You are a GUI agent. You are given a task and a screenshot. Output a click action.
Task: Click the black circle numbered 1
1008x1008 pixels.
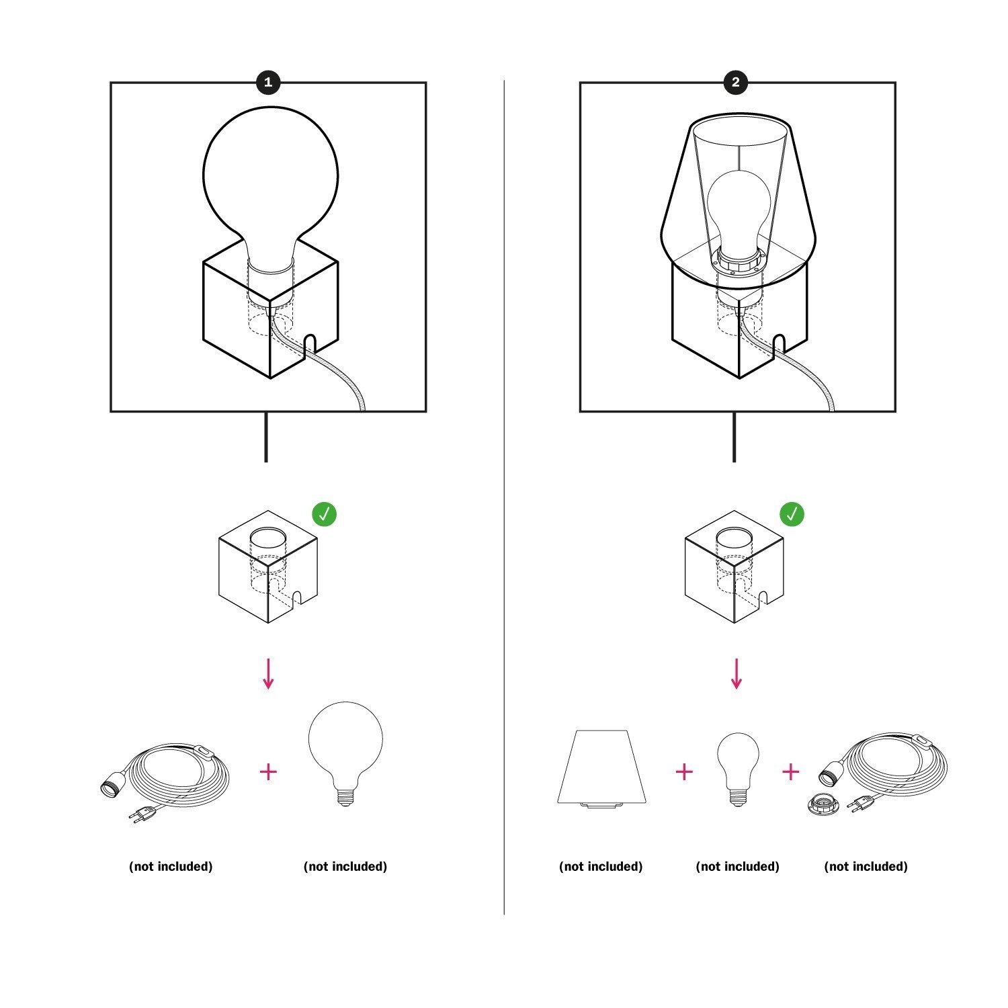click(x=268, y=83)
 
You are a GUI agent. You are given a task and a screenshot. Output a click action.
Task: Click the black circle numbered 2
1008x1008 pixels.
click(x=736, y=83)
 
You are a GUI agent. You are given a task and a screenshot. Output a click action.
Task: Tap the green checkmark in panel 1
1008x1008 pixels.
click(x=324, y=514)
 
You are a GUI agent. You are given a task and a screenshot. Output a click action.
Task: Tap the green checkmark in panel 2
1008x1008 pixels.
click(x=792, y=514)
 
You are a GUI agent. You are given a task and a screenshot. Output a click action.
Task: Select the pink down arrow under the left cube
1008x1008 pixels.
click(x=268, y=674)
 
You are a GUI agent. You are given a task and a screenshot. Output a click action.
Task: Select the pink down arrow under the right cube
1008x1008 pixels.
click(x=737, y=674)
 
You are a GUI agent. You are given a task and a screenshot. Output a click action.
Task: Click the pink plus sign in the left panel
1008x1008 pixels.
click(x=268, y=771)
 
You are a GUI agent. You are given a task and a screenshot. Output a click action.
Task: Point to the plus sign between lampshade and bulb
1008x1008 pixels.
click(x=683, y=771)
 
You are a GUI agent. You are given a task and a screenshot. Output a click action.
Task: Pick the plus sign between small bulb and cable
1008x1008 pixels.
click(x=791, y=771)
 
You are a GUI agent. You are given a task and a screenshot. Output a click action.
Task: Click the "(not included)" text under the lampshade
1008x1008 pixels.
click(x=601, y=866)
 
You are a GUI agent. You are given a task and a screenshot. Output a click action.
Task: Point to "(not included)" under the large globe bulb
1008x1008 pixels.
click(x=345, y=866)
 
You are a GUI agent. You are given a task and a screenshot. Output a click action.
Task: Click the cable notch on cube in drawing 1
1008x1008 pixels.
click(x=310, y=343)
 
